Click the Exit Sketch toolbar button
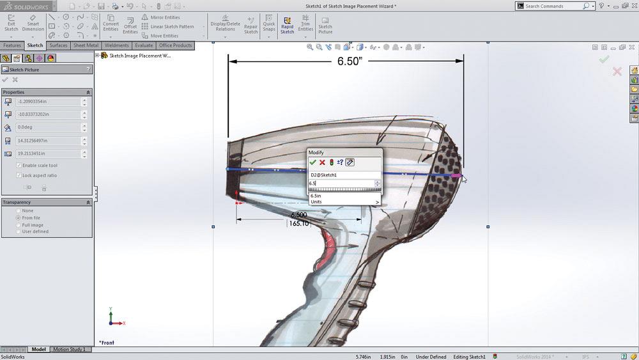(x=11, y=24)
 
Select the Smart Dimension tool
(x=33, y=24)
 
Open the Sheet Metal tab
(x=86, y=45)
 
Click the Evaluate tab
(x=144, y=45)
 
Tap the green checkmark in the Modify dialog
(x=312, y=162)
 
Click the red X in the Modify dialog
(x=322, y=162)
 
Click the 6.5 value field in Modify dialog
(x=341, y=184)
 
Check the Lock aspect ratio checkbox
(x=19, y=175)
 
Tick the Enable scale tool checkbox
(x=19, y=166)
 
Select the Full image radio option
(x=19, y=225)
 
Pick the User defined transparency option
(x=19, y=231)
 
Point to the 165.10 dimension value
(x=298, y=224)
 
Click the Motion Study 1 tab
(x=69, y=350)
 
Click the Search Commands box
(x=553, y=6)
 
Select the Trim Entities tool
(x=305, y=24)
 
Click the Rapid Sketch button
(x=287, y=24)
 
